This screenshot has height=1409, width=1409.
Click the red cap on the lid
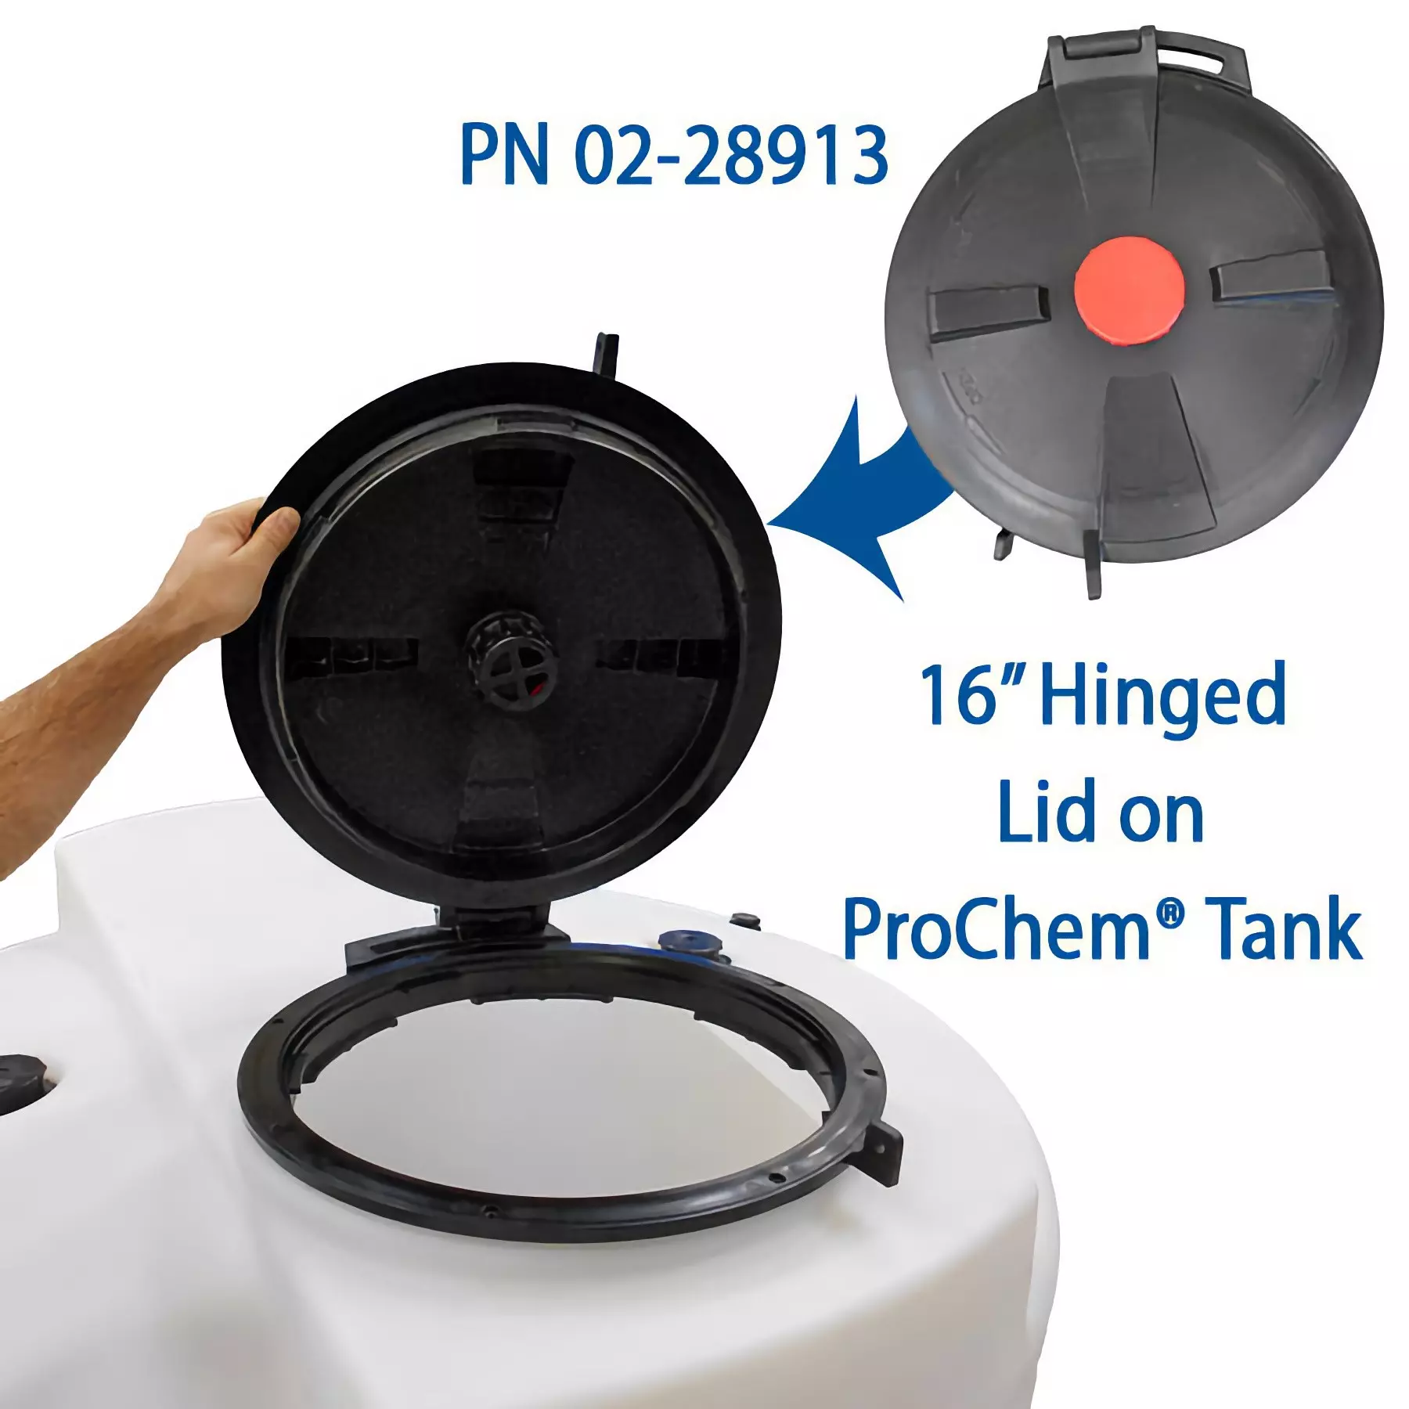1129,286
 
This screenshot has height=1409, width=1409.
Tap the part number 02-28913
731,154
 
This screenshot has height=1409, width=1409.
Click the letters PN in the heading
504,154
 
